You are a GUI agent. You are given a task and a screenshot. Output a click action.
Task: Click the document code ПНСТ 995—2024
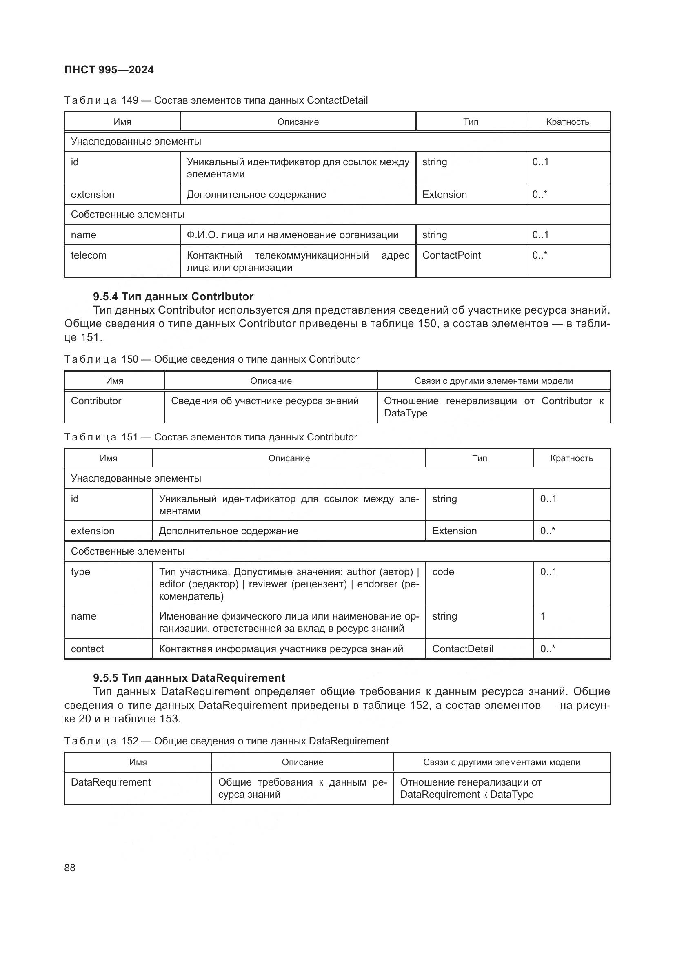click(x=109, y=70)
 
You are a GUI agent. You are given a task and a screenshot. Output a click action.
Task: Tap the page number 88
click(x=70, y=868)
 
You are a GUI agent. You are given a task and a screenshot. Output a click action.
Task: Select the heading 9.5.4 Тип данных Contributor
click(x=173, y=296)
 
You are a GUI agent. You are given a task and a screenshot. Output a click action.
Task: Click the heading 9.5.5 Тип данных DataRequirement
click(x=189, y=678)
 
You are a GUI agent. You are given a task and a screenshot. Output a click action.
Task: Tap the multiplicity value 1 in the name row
click(x=543, y=616)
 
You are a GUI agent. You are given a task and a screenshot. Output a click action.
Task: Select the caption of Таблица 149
click(x=216, y=100)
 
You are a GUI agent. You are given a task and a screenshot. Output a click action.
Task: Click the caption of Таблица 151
click(x=210, y=437)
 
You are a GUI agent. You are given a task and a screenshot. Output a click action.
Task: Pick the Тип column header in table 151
click(x=479, y=458)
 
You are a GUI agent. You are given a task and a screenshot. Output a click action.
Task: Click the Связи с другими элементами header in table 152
click(x=501, y=762)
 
